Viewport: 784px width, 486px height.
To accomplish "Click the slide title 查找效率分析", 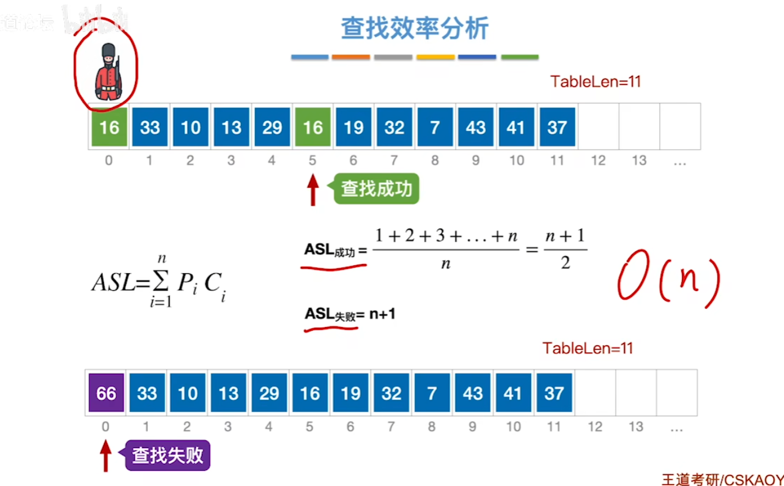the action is coord(415,28).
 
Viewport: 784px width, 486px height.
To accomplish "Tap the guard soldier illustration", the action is coord(108,72).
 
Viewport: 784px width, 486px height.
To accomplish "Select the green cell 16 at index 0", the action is coord(109,127).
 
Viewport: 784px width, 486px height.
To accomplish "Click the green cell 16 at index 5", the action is coord(312,127).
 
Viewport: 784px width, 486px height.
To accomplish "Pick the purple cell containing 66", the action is coord(106,393).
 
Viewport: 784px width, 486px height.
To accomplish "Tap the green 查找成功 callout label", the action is coord(376,188).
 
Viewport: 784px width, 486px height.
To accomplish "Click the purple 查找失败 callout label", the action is coord(168,455).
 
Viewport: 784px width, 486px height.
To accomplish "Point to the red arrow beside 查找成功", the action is coord(313,190).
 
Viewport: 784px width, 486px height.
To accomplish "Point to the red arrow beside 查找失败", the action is coord(106,456).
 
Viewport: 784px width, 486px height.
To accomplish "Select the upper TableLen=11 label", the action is coord(595,81).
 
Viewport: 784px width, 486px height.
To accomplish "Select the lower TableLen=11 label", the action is coord(587,348).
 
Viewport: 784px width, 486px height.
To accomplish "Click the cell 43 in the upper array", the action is coord(476,127).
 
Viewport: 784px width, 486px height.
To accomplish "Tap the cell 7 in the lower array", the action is coord(432,393).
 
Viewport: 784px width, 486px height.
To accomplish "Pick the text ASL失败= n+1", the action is coord(350,314).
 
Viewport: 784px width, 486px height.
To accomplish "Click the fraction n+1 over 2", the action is coord(565,250).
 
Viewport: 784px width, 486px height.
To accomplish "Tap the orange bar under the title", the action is coord(350,57).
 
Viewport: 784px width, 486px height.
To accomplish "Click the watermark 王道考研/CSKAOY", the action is coord(722,479).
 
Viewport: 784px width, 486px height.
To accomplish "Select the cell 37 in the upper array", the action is coord(557,127).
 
